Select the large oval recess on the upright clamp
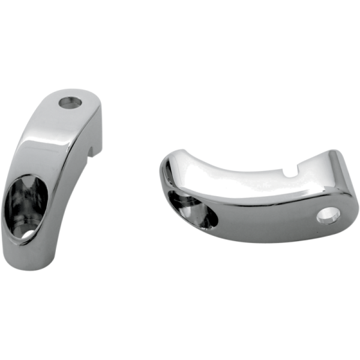coord(26,207)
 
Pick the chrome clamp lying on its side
coord(258,198)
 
